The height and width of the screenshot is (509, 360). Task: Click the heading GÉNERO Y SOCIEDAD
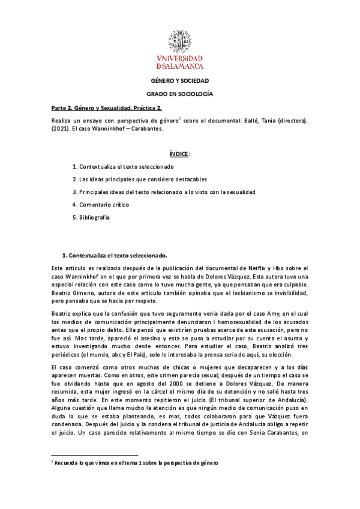click(x=179, y=81)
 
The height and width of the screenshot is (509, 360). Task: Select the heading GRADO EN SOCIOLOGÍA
click(x=179, y=95)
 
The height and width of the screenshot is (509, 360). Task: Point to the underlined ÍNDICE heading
click(x=179, y=154)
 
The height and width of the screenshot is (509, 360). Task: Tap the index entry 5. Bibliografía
click(x=91, y=218)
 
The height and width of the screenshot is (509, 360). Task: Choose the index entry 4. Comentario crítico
click(x=100, y=205)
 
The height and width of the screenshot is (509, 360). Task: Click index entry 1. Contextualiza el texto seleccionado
click(x=123, y=166)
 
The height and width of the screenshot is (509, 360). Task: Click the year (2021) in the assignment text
click(x=60, y=128)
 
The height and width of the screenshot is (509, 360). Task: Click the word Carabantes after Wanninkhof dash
click(x=146, y=128)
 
